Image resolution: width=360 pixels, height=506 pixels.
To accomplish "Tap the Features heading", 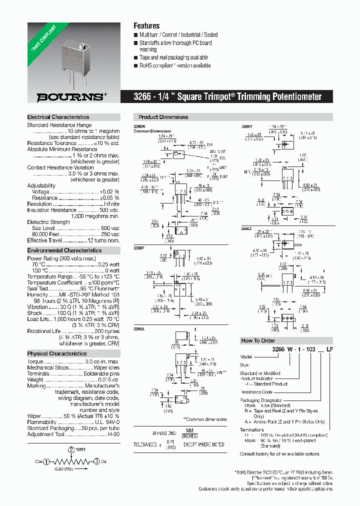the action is pos(146,25).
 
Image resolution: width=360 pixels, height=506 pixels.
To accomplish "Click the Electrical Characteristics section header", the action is pos(58,117).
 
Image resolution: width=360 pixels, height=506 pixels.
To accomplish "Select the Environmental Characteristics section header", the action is pos(64,250).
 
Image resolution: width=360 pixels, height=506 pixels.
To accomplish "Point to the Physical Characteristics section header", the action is pos(56,353).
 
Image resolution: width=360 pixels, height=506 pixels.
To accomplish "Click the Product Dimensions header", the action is pos(163,117).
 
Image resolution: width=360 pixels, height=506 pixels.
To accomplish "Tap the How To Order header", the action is pos(258,340).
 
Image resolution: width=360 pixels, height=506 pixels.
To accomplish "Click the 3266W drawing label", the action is pos(139,127).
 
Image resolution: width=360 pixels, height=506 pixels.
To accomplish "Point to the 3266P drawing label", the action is pos(139,247).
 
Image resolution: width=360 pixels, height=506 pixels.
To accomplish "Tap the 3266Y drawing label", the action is pos(247,127).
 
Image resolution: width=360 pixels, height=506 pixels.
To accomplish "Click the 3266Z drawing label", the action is pos(247,228).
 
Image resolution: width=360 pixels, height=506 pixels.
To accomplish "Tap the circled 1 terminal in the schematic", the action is pos(46,461).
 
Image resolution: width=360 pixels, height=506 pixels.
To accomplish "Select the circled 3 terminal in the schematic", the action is pos(95,461).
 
